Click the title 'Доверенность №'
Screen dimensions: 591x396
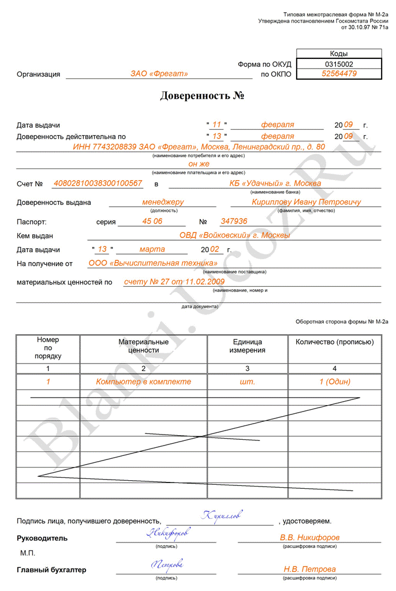[x=203, y=95]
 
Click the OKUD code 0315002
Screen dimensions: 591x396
[x=339, y=64]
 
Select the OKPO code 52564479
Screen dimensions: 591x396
[x=339, y=74]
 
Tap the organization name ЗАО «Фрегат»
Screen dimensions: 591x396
[x=159, y=74]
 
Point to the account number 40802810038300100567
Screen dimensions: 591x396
[x=98, y=183]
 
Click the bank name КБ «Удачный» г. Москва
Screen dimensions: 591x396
[x=271, y=183]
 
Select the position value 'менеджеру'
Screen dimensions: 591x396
[x=163, y=202]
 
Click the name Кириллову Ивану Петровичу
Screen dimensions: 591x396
[x=306, y=202]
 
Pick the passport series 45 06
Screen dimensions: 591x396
[x=153, y=221]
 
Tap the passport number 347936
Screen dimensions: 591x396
[x=234, y=221]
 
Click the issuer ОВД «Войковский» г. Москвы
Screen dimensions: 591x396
[x=234, y=235]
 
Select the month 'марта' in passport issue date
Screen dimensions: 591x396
[x=152, y=249]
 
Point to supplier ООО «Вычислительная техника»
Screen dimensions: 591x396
[x=148, y=263]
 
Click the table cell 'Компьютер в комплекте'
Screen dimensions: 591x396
[x=143, y=381]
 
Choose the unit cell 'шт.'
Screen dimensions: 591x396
[x=247, y=381]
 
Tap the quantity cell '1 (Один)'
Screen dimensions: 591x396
[x=335, y=381]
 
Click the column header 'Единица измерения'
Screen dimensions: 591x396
[x=247, y=346]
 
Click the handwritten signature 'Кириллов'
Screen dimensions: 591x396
[x=222, y=514]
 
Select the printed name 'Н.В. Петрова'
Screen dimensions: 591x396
[x=309, y=568]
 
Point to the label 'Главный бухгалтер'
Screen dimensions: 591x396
[x=51, y=570]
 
